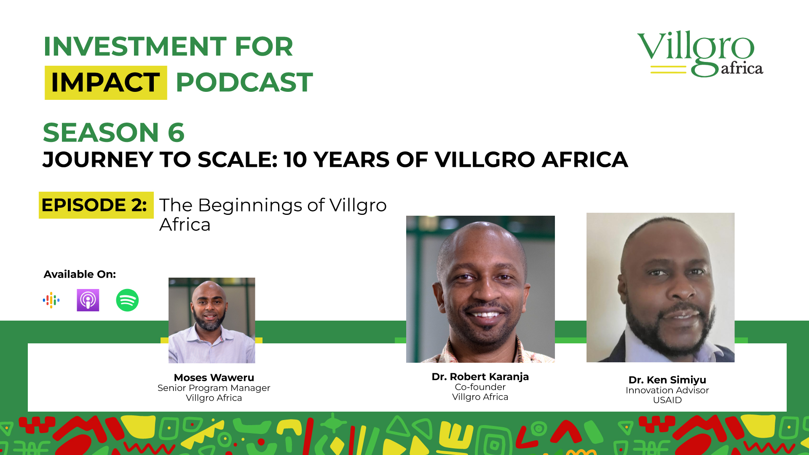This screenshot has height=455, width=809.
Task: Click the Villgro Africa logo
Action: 700,54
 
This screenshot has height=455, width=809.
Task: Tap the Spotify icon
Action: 127,300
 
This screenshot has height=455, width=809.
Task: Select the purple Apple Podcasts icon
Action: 88,300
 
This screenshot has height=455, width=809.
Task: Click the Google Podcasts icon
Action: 51,300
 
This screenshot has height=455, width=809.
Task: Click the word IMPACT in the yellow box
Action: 105,82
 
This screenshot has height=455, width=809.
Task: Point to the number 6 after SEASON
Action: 176,133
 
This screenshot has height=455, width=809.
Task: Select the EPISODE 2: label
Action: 94,205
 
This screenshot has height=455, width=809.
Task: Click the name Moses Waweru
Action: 214,377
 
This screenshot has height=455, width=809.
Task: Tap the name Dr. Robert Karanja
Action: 480,377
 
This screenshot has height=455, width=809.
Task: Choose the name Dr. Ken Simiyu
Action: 667,380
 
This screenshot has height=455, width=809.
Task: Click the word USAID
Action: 667,400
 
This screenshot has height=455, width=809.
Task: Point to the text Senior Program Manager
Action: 214,388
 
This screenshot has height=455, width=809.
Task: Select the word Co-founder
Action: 480,387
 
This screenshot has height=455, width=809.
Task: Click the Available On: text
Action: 80,274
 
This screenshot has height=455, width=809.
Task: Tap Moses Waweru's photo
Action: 212,320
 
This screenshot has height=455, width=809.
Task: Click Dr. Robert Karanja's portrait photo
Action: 480,289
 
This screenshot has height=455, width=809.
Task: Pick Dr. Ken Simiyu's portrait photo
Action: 661,287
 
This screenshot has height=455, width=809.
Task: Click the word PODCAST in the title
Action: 244,82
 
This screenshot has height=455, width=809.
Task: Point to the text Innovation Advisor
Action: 667,390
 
